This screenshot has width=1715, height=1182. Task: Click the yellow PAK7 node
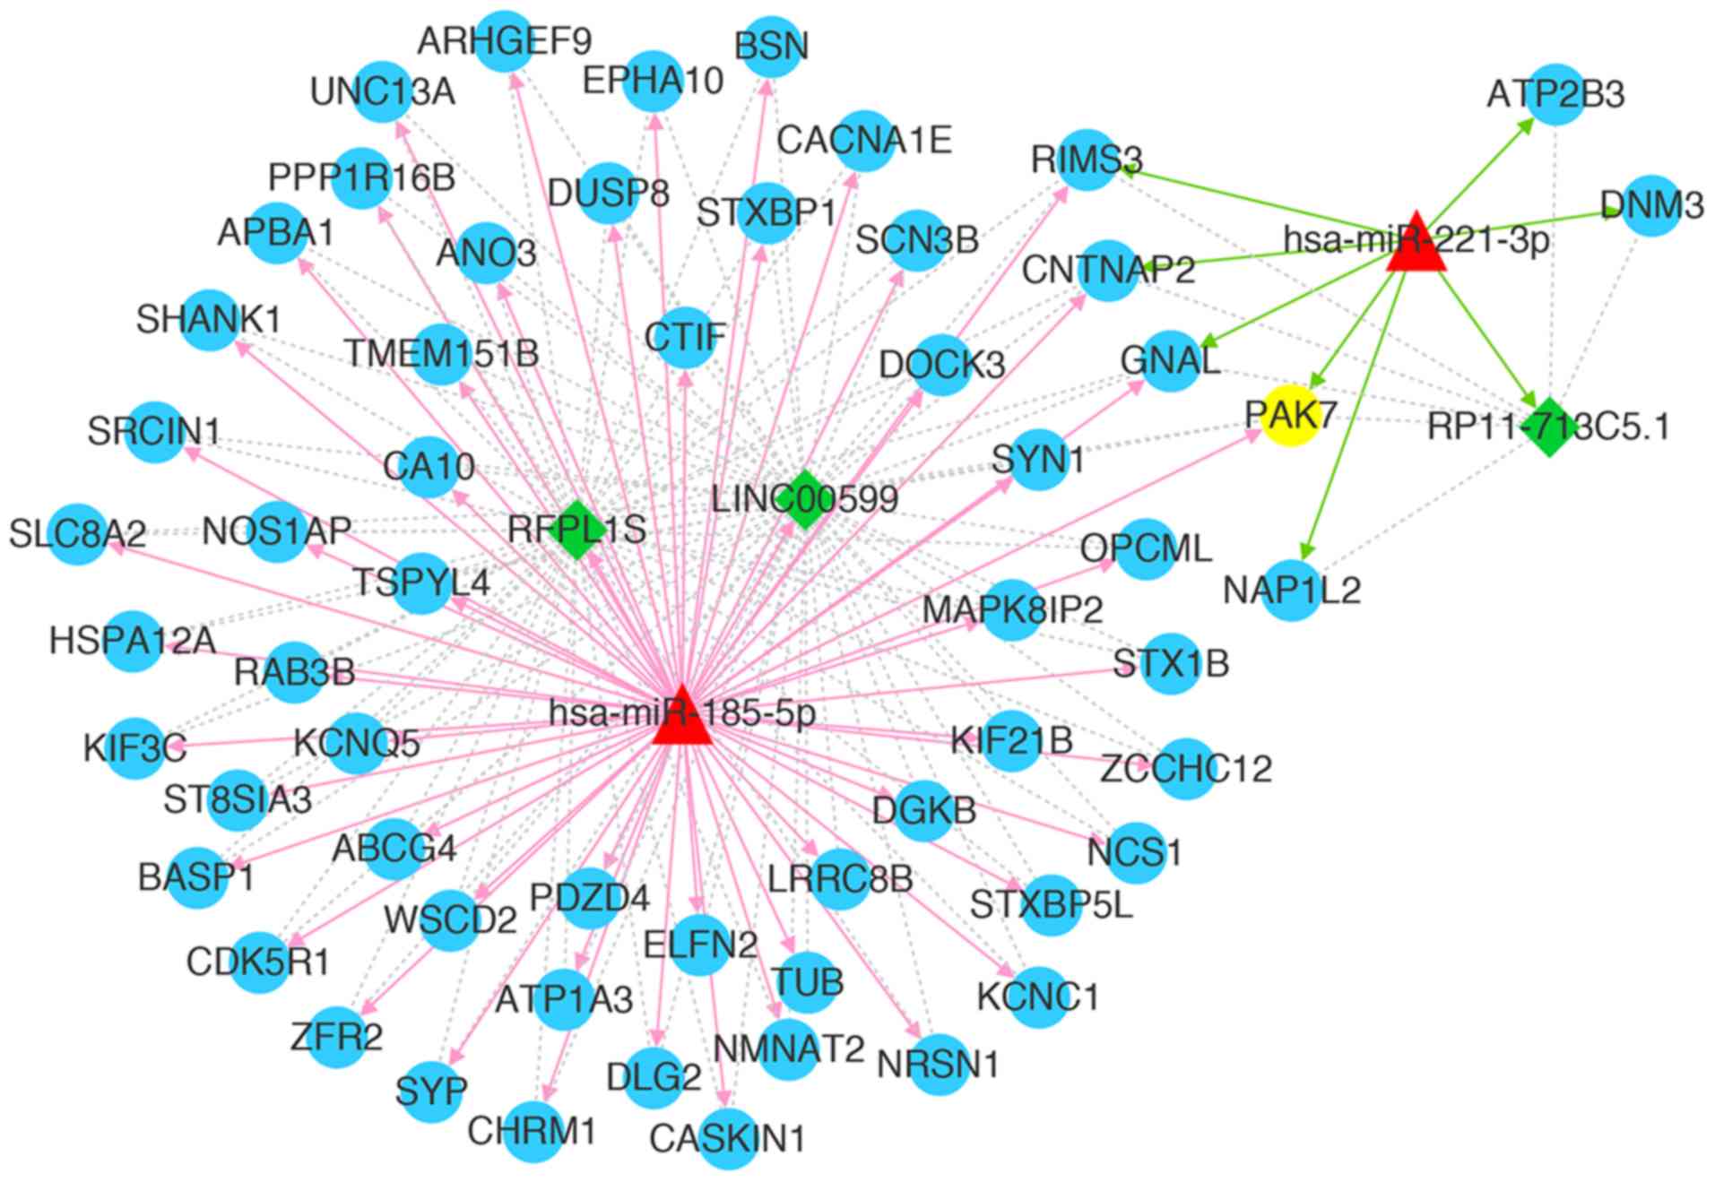click(1290, 417)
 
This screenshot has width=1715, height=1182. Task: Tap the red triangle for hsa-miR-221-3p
click(1416, 245)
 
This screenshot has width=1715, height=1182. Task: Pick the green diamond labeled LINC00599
click(805, 499)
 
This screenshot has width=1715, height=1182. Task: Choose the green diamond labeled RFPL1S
click(576, 530)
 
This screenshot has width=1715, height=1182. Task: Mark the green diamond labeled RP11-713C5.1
click(1549, 427)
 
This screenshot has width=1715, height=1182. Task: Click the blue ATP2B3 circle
click(1555, 93)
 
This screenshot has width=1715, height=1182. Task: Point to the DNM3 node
click(1651, 205)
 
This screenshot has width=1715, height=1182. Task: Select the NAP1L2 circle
click(1292, 591)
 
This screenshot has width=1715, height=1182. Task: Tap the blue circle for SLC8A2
click(77, 534)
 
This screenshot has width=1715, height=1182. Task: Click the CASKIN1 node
click(728, 1139)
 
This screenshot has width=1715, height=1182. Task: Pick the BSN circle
click(771, 46)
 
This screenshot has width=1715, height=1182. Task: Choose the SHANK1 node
click(209, 320)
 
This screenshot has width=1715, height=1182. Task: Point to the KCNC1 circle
click(1038, 997)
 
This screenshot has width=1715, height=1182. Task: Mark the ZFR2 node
click(336, 1037)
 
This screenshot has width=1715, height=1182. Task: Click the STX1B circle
click(1171, 664)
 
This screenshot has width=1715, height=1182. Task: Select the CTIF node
click(686, 338)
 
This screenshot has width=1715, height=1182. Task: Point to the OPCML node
click(1146, 548)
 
